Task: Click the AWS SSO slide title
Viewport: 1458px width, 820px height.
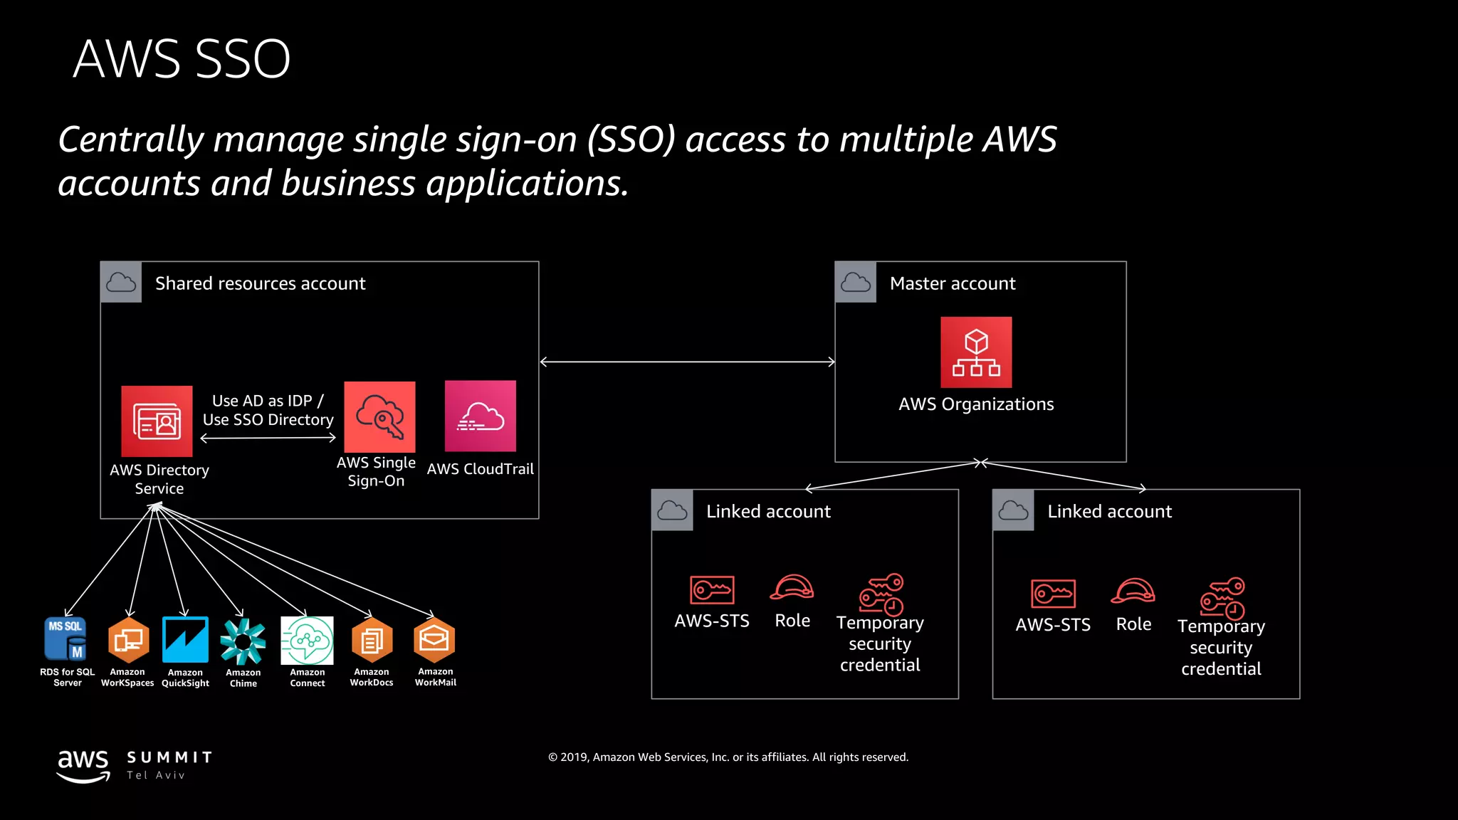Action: pyautogui.click(x=182, y=59)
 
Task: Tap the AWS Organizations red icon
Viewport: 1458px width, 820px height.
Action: pyautogui.click(x=975, y=352)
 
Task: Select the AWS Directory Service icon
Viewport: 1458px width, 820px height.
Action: pyautogui.click(x=157, y=421)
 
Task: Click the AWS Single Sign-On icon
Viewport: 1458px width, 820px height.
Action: pyautogui.click(x=379, y=417)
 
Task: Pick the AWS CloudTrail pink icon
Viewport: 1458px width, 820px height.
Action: pyautogui.click(x=481, y=416)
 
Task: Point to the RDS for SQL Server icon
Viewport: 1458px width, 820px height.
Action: pyautogui.click(x=65, y=638)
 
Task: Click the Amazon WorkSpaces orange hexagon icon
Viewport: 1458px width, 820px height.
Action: pyautogui.click(x=128, y=639)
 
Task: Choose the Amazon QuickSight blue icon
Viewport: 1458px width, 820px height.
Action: pyautogui.click(x=185, y=639)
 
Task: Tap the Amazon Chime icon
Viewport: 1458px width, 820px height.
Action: pyautogui.click(x=243, y=641)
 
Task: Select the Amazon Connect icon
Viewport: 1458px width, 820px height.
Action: pyautogui.click(x=307, y=640)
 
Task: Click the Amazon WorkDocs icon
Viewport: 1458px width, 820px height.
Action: pyautogui.click(x=372, y=640)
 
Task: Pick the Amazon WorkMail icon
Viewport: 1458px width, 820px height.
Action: pyautogui.click(x=434, y=639)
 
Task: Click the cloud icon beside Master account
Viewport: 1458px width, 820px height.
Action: pyautogui.click(x=855, y=283)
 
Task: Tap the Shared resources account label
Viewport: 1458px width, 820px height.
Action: pyautogui.click(x=260, y=283)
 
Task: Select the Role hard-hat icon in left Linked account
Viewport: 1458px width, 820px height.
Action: pyautogui.click(x=792, y=588)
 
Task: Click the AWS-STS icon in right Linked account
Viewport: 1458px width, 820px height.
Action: pyautogui.click(x=1053, y=593)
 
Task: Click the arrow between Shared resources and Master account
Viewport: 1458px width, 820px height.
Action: pyautogui.click(x=687, y=362)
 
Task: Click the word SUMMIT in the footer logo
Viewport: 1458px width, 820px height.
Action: pyautogui.click(x=169, y=757)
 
